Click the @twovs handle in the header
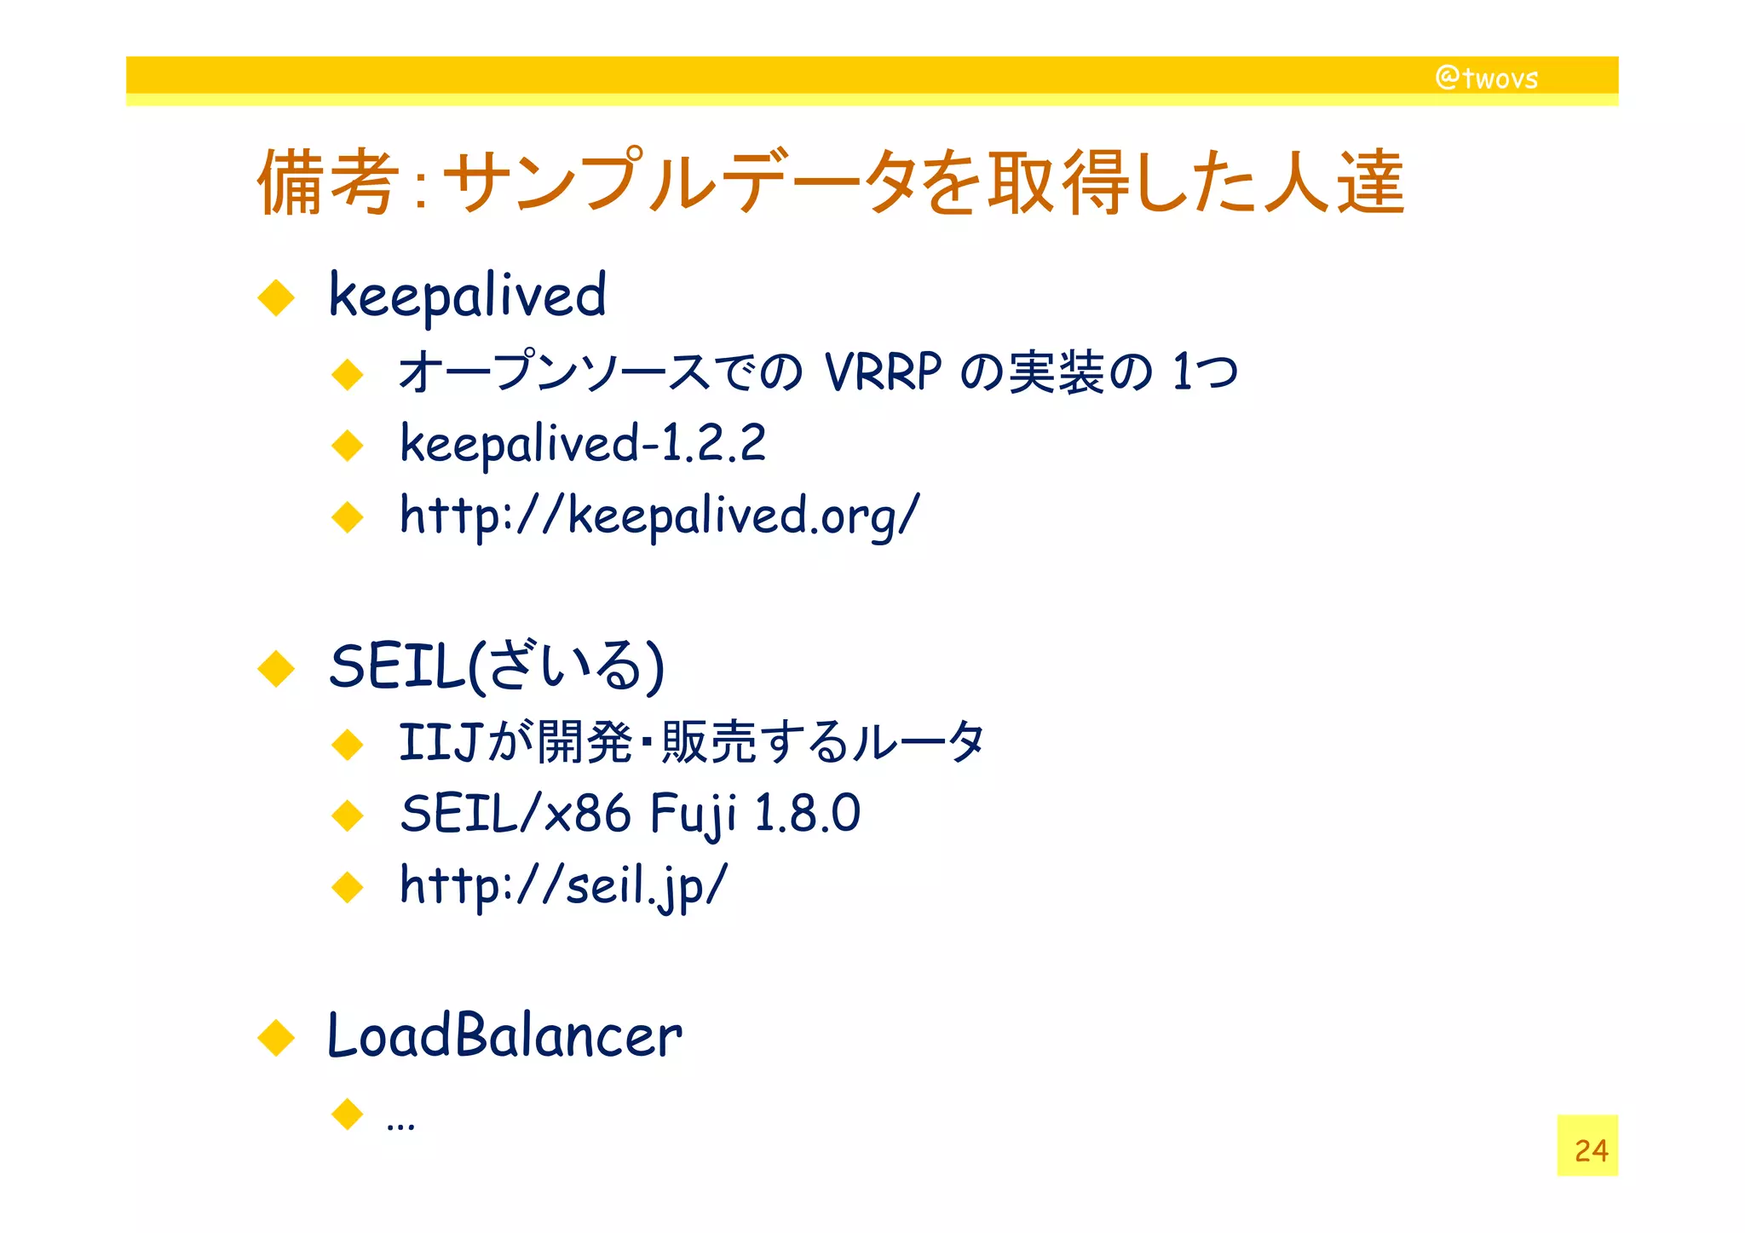[x=1487, y=78]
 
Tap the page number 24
[x=1590, y=1150]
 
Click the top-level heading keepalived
[x=467, y=295]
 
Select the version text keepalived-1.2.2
[x=583, y=443]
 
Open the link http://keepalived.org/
[x=659, y=516]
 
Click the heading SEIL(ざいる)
[x=496, y=665]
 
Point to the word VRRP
[x=883, y=372]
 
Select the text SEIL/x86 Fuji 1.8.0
[x=630, y=813]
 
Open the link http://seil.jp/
[x=563, y=884]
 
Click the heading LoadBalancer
[x=504, y=1036]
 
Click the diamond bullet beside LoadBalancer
[x=276, y=1038]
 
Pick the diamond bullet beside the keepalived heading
[x=276, y=298]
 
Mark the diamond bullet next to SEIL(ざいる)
[x=276, y=668]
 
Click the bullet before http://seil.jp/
[x=348, y=887]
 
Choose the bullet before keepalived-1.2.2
[x=348, y=445]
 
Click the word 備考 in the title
[x=327, y=182]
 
